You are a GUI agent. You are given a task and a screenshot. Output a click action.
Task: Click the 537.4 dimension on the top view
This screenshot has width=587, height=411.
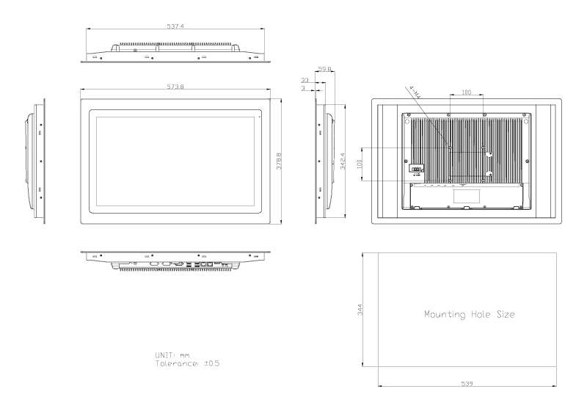coord(174,26)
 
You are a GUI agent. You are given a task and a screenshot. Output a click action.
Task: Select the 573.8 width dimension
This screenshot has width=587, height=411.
coord(174,86)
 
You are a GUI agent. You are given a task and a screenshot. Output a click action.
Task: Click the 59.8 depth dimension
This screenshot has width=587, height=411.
coord(325,70)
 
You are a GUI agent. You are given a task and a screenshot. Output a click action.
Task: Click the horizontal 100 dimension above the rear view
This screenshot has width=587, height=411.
coord(466,92)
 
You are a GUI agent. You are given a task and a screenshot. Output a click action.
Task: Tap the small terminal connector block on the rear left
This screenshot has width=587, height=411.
coord(415,170)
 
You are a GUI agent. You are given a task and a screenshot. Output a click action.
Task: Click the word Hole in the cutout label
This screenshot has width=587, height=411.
coord(478,315)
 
